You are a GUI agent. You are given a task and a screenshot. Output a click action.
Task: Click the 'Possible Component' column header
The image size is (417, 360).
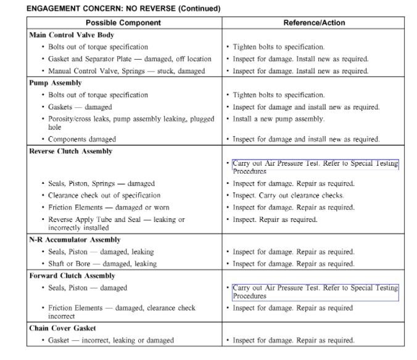[x=123, y=23]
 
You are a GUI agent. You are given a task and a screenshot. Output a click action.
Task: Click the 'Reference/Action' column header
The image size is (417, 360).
[x=314, y=23]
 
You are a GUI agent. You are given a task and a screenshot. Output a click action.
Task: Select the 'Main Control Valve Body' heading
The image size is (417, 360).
[x=72, y=35]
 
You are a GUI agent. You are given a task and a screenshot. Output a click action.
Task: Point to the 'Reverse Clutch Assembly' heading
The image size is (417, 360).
[x=71, y=151]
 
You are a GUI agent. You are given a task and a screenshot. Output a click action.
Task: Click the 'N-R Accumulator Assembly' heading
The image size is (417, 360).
[x=75, y=240]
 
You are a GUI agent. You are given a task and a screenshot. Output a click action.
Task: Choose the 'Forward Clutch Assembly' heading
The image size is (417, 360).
[x=72, y=276]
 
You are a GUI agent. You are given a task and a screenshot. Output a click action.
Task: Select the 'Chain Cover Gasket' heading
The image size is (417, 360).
[x=63, y=328]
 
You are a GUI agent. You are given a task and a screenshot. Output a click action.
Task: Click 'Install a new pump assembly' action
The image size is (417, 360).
[x=278, y=119]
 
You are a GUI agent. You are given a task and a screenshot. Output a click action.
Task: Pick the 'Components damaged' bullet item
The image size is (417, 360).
[x=85, y=139]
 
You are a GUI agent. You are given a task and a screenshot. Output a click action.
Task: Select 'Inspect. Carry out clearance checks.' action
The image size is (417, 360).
[x=288, y=195]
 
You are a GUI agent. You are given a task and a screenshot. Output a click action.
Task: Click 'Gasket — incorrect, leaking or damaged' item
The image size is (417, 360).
[x=111, y=340]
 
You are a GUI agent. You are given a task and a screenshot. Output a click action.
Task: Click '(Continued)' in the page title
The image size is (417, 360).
[x=200, y=9]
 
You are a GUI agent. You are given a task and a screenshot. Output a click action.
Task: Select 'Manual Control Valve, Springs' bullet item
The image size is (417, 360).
[x=126, y=71]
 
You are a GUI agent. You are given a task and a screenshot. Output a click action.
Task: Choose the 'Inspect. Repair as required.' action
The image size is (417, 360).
[x=275, y=219]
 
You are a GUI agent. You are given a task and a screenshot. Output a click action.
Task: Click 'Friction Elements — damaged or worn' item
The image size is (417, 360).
[x=109, y=207]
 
